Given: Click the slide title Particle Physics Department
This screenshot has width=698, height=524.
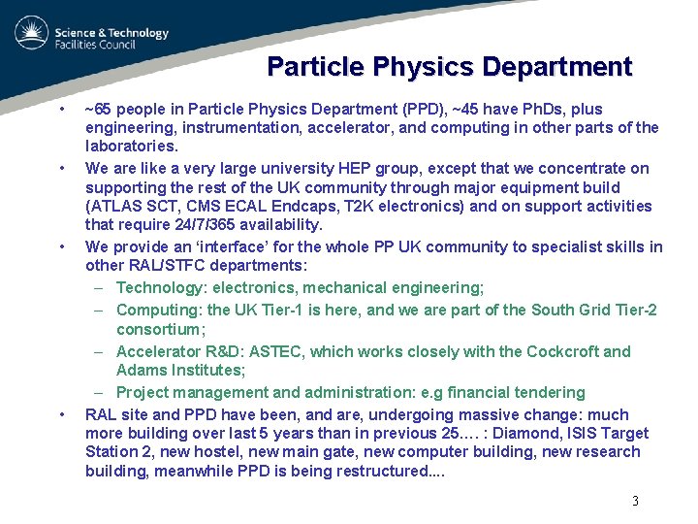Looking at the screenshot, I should tap(449, 67).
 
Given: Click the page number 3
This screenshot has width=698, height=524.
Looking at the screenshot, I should tap(635, 502).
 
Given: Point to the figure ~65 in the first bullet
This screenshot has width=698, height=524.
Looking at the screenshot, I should tap(98, 109).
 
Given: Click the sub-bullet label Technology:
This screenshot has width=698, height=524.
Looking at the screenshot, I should tap(161, 287).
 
